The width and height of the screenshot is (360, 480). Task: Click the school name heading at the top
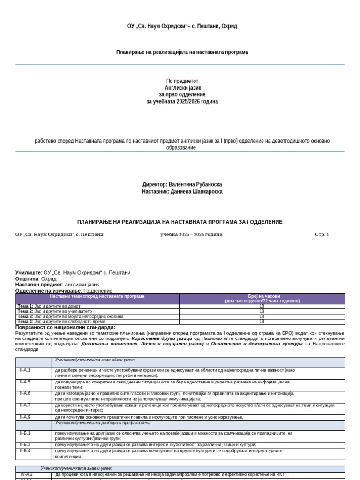click(x=182, y=26)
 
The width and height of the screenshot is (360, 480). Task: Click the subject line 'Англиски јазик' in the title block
click(x=182, y=88)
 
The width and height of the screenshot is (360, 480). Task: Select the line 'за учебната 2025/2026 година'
click(x=182, y=101)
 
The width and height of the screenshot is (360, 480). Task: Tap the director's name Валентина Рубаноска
click(x=195, y=185)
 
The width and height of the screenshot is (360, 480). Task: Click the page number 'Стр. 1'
click(x=322, y=234)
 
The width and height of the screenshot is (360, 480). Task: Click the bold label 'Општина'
click(x=27, y=279)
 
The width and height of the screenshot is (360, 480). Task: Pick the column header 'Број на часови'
click(x=262, y=296)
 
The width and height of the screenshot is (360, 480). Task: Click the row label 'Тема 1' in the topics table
click(x=25, y=306)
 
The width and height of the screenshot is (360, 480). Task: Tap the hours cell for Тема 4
click(x=262, y=322)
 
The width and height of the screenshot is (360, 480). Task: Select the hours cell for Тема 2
click(x=262, y=311)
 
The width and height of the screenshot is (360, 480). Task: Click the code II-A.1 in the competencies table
click(x=25, y=370)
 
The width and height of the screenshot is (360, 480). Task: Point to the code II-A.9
click(x=25, y=417)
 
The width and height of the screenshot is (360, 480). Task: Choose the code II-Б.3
click(x=25, y=444)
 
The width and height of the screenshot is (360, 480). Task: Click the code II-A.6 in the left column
click(x=25, y=393)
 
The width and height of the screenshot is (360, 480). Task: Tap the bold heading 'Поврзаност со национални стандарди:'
click(x=65, y=327)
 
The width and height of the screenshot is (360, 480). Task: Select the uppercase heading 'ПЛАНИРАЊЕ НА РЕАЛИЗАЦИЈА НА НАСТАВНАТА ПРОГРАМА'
click(x=180, y=222)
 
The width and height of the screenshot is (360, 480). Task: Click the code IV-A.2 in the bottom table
click(x=26, y=474)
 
